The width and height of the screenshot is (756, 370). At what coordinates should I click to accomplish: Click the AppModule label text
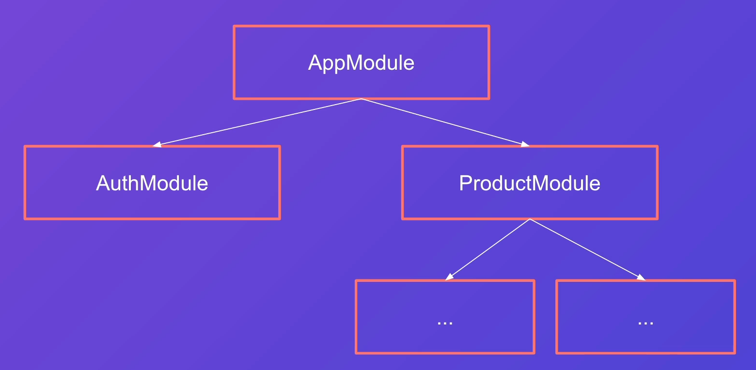(x=361, y=63)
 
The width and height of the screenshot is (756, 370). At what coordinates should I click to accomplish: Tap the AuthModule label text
(x=152, y=183)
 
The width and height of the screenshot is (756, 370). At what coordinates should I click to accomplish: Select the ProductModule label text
(x=530, y=183)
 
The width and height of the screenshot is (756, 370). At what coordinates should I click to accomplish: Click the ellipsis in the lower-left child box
(x=445, y=323)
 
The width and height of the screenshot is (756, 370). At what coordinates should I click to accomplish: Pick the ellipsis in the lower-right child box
(x=646, y=323)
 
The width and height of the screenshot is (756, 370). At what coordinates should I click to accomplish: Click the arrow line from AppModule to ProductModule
(x=445, y=123)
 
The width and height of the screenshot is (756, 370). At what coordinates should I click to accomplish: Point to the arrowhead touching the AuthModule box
(x=157, y=145)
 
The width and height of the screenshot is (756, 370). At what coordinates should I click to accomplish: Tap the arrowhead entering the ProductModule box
(x=525, y=144)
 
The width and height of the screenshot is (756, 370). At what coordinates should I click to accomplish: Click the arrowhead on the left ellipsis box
(x=449, y=277)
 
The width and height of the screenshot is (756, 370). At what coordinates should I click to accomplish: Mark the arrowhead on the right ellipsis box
(x=641, y=277)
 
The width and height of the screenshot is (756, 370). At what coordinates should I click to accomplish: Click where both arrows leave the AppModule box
(x=361, y=99)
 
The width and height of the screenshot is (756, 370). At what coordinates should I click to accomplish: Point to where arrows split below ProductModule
(x=530, y=219)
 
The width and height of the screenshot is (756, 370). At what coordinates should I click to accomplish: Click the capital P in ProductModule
(x=466, y=183)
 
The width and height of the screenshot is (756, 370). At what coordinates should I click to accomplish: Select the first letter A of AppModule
(x=315, y=62)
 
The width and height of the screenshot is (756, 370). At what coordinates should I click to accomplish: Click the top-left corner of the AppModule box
(x=234, y=26)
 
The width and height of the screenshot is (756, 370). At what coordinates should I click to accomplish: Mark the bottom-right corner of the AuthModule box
(x=280, y=218)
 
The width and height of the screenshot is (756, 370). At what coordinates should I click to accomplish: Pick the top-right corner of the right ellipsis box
(x=735, y=280)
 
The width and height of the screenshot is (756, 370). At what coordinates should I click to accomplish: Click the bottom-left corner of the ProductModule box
(x=403, y=218)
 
